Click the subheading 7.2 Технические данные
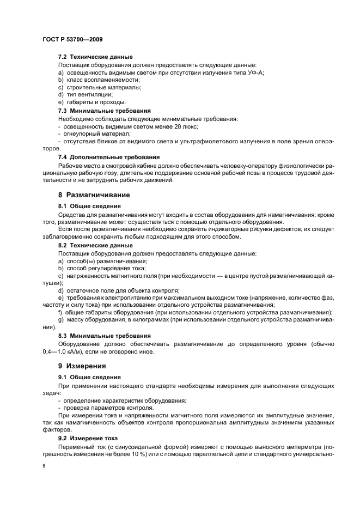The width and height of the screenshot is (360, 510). [95, 57]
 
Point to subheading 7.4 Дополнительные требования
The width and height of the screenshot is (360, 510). [107, 157]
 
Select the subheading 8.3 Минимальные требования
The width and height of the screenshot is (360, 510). [101, 336]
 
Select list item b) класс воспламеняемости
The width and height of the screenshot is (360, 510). [91, 80]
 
